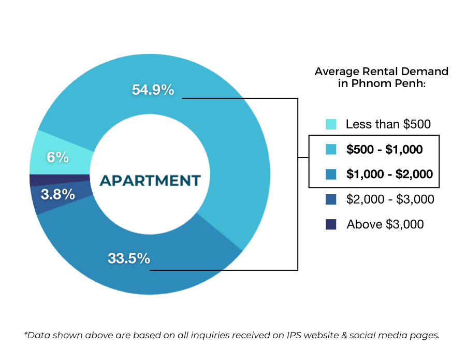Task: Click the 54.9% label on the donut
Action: [153, 90]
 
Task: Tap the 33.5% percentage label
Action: [129, 258]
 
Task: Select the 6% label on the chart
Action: [58, 157]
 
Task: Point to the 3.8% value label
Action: [57, 195]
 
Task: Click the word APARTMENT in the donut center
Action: [150, 181]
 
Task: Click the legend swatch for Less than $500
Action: [331, 124]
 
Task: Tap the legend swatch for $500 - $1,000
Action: [331, 150]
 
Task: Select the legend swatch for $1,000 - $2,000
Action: [331, 174]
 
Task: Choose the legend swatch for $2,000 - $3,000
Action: [331, 199]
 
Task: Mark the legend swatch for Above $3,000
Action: [331, 224]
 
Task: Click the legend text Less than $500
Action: [388, 124]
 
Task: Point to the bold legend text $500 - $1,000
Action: [384, 150]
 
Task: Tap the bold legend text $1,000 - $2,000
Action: [389, 174]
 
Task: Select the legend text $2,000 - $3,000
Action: [390, 199]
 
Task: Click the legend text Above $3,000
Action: [385, 224]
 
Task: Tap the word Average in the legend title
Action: [336, 71]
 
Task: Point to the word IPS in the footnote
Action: [296, 335]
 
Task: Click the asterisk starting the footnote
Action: [26, 334]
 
